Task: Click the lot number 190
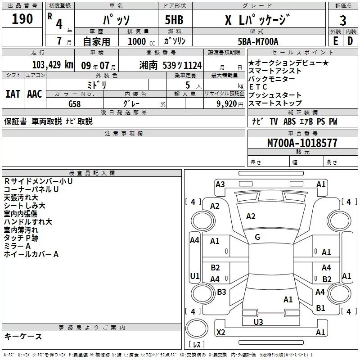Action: point(22,19)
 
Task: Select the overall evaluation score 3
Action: point(343,20)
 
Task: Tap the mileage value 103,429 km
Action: point(52,65)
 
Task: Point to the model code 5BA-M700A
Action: point(258,41)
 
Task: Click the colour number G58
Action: point(75,103)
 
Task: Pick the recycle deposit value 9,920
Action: point(226,103)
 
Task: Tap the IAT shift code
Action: point(13,94)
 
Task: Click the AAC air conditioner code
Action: point(34,94)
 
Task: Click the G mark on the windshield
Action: point(257,237)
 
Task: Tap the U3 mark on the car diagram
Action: point(258,322)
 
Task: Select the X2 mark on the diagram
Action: point(220,333)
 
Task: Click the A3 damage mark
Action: point(220,184)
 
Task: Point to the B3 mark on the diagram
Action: point(221,292)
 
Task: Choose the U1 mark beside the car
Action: point(194,276)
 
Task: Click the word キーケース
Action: point(23,337)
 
